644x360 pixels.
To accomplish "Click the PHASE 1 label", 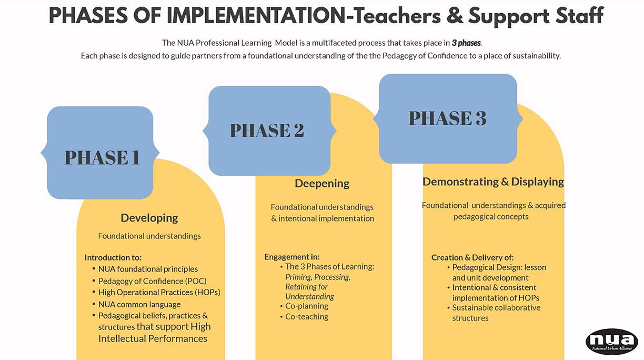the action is [x=102, y=157].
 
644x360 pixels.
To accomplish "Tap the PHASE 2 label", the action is [x=267, y=130].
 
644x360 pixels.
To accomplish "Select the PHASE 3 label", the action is [x=447, y=118].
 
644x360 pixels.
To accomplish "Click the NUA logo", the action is [x=611, y=342].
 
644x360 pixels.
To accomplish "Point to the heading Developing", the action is [x=149, y=218].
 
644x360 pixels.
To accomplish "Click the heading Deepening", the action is [x=322, y=184].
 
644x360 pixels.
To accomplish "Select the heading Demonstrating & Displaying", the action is [x=493, y=182].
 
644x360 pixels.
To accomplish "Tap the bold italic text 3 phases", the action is [x=466, y=43].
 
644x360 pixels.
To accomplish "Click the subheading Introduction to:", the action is [x=113, y=257].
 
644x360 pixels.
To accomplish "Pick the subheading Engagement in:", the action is [x=292, y=257].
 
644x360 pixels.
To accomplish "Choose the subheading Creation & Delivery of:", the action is [x=472, y=257].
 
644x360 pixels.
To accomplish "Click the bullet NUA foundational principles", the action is [x=148, y=269].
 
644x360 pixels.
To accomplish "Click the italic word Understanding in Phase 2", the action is [x=310, y=296].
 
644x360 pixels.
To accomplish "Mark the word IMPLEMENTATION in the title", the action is [x=256, y=16].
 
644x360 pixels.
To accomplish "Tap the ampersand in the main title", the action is [x=455, y=16].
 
